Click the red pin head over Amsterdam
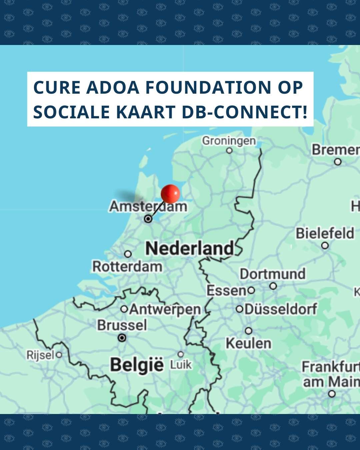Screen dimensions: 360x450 click(x=170, y=193)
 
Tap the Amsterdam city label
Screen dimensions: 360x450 click(x=148, y=206)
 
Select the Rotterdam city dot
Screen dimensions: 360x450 click(x=128, y=254)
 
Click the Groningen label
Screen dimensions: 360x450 click(x=229, y=141)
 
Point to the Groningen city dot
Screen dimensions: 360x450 click(x=229, y=150)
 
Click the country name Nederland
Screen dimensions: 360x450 click(x=190, y=249)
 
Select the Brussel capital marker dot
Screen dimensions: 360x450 click(x=122, y=338)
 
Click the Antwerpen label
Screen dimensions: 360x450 click(x=165, y=309)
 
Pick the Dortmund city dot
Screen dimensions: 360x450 click(x=273, y=286)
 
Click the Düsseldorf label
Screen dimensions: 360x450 click(x=281, y=309)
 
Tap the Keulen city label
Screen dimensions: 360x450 click(x=248, y=343)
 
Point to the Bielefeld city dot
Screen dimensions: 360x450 click(x=325, y=246)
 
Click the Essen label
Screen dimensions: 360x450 click(x=226, y=291)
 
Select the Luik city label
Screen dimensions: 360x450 click(x=181, y=365)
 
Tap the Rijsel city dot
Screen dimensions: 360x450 click(x=59, y=355)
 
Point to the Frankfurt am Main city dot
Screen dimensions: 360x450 click(x=332, y=394)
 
